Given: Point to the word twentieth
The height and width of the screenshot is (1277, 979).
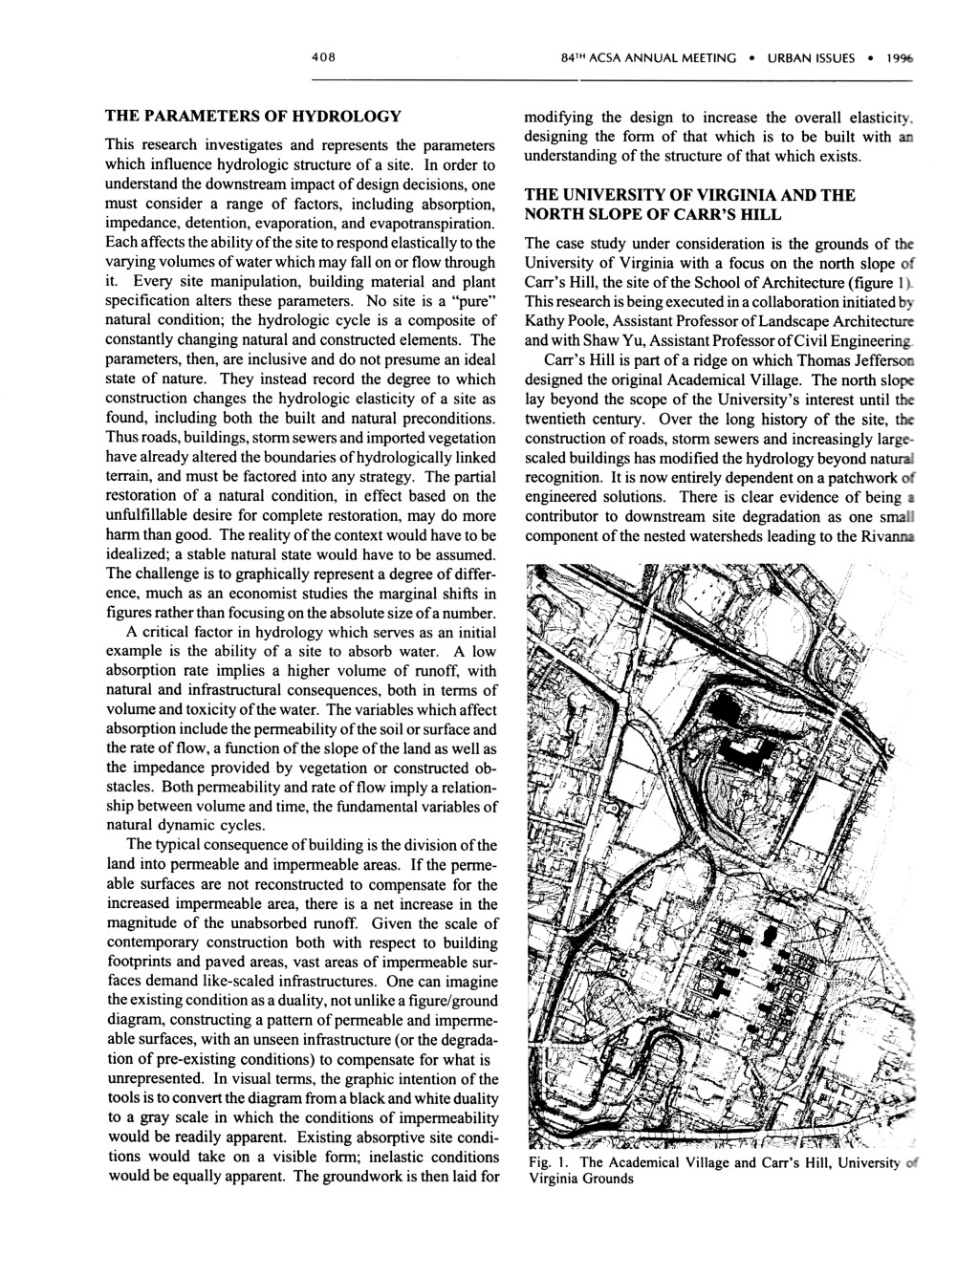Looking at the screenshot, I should [x=559, y=420].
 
